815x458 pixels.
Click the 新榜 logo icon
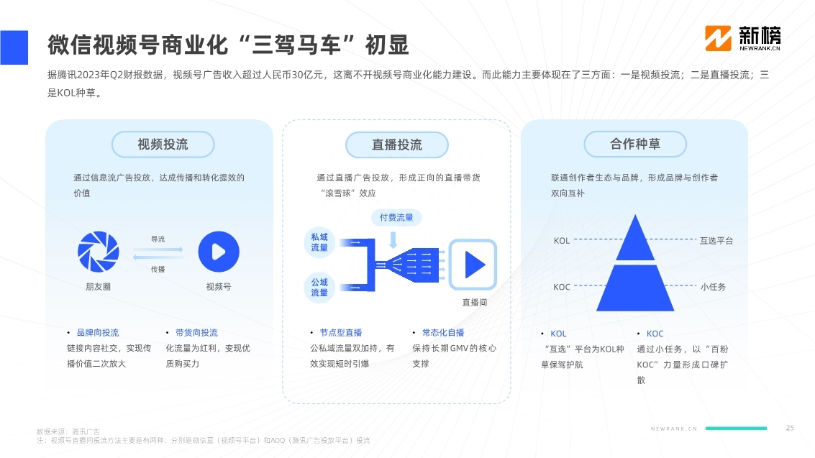coord(718,38)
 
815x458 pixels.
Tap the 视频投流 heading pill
coord(163,145)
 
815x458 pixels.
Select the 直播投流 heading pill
coord(396,145)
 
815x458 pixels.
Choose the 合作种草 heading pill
coord(635,144)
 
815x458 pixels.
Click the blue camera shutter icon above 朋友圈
coord(99,252)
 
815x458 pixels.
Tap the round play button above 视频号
coord(219,252)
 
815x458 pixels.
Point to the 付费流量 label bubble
coord(396,217)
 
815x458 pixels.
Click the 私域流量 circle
coord(319,242)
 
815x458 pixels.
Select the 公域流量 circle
coord(319,287)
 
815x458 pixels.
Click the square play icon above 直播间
coord(473,265)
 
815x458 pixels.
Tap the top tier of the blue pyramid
coord(635,238)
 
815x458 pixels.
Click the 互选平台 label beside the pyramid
coord(716,240)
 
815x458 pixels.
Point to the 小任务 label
coord(713,287)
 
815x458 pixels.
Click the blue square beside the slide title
coord(14,47)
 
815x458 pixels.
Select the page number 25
coord(790,428)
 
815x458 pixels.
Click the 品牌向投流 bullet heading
coord(98,332)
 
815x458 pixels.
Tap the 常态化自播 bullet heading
coord(443,332)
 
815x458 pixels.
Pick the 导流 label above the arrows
coord(158,239)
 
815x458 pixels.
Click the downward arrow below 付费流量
coord(393,239)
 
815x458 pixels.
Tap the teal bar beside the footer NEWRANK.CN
coord(736,429)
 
